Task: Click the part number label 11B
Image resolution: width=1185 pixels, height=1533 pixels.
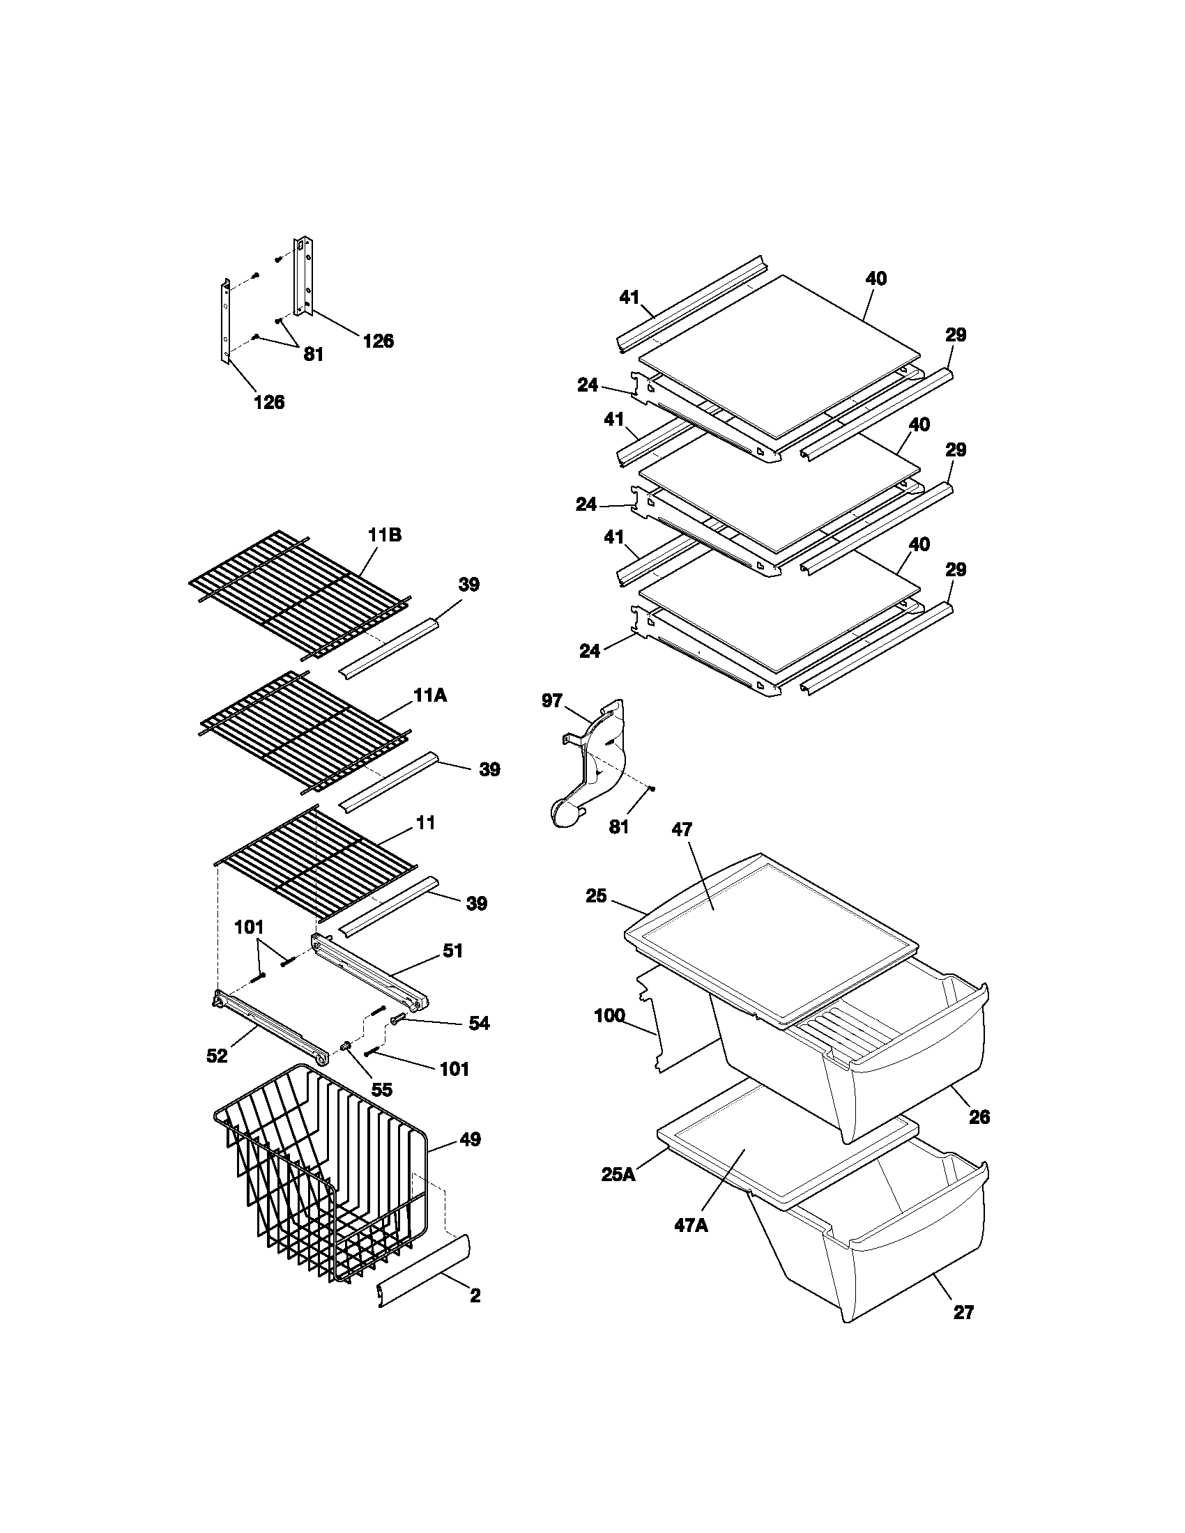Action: pyautogui.click(x=385, y=535)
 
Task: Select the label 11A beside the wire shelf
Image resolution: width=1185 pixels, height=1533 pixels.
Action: pyautogui.click(x=430, y=695)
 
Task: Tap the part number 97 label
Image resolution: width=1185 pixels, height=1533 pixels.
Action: pyautogui.click(x=552, y=700)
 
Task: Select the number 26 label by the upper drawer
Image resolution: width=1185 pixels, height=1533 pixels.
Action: pyautogui.click(x=979, y=1117)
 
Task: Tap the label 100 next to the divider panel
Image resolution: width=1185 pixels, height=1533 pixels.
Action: pyautogui.click(x=609, y=1016)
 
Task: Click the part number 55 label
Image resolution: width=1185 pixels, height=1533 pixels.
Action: pyautogui.click(x=381, y=1089)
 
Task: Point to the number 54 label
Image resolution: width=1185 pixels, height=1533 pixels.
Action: pyautogui.click(x=479, y=1024)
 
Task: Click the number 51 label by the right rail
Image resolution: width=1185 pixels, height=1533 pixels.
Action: pyautogui.click(x=453, y=951)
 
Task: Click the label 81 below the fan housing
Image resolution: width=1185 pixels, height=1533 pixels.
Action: pyautogui.click(x=618, y=828)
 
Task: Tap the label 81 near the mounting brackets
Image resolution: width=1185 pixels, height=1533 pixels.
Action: pyautogui.click(x=313, y=355)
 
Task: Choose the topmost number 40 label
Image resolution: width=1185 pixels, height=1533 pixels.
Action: pyautogui.click(x=876, y=279)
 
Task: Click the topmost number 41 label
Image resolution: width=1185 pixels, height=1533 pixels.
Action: pyautogui.click(x=629, y=298)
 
